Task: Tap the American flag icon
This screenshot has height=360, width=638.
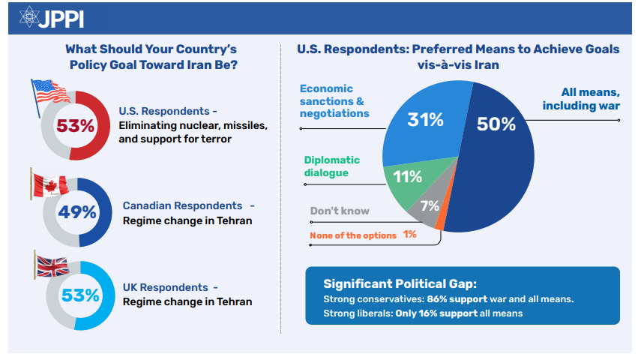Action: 50,92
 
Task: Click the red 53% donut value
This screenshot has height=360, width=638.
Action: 76,124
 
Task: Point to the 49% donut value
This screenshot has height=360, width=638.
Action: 78,212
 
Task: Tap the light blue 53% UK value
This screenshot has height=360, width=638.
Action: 80,295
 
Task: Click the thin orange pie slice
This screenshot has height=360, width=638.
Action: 442,221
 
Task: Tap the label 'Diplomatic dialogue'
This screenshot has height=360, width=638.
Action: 331,166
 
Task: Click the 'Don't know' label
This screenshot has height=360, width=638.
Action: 340,211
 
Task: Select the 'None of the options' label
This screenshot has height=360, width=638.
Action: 353,235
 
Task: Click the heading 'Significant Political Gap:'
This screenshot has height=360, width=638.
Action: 400,283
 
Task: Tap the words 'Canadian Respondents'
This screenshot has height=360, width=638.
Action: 182,205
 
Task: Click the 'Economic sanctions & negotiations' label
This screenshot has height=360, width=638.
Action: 334,100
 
